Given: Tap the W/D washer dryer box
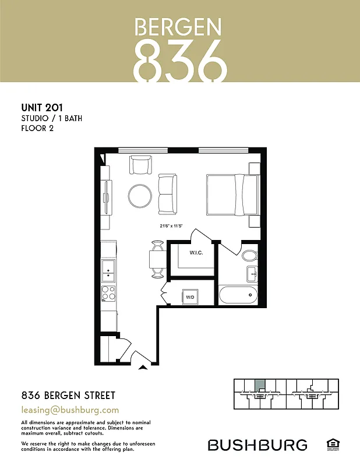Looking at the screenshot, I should (x=190, y=296).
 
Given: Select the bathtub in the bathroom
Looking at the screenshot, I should (x=239, y=295).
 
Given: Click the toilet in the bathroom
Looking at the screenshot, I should (x=250, y=256).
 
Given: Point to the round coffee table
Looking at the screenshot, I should (x=140, y=196).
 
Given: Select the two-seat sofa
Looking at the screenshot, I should (x=167, y=194).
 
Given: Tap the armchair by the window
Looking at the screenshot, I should (x=141, y=165).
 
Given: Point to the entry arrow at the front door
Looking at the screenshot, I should (x=143, y=368).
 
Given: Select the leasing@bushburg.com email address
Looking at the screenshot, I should (x=70, y=409).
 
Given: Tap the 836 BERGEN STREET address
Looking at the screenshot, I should (x=68, y=396).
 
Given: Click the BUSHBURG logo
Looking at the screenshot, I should (x=257, y=446).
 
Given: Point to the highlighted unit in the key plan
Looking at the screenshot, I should (x=260, y=385).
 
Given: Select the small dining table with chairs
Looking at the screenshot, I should (x=157, y=259).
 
